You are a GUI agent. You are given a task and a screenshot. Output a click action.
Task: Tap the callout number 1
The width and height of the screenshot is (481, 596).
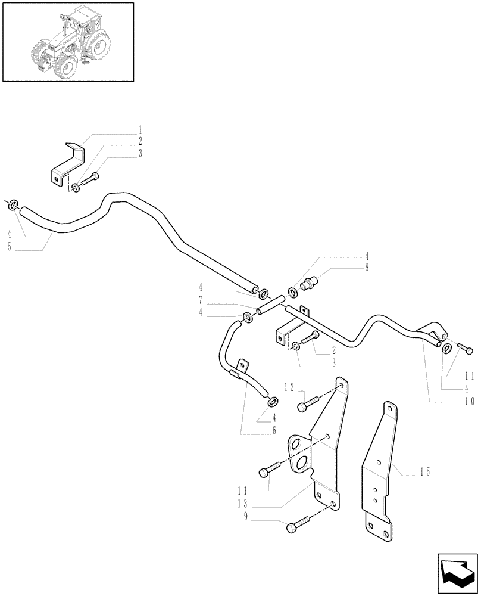coord(140,129)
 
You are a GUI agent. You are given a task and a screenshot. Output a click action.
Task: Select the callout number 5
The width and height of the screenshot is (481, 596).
coord(10,247)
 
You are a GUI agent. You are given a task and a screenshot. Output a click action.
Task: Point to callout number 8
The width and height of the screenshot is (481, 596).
coord(367,269)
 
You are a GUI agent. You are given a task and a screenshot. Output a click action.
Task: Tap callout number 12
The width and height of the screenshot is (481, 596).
coord(289,387)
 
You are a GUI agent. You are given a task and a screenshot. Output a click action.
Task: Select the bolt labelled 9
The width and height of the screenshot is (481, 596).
coord(298,526)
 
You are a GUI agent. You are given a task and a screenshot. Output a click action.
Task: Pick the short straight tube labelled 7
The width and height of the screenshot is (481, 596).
coord(268,305)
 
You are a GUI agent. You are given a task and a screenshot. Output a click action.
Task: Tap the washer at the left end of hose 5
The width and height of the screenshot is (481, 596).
coord(13,206)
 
